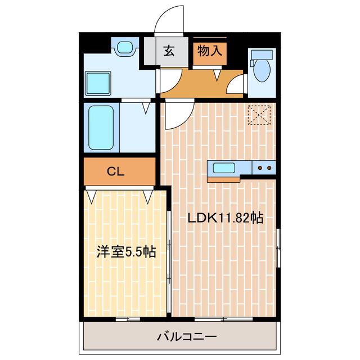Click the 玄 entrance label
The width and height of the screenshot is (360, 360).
[169, 51]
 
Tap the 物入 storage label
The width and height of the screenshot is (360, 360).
[210, 51]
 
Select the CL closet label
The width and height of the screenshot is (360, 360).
[116, 171]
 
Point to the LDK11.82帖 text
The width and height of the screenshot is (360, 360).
[225, 218]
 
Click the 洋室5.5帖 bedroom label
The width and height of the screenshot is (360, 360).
[126, 251]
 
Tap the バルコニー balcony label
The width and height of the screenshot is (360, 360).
[187, 337]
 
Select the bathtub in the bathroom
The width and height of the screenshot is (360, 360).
[101, 128]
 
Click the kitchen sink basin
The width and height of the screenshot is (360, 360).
[224, 168]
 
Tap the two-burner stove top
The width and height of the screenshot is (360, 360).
[264, 168]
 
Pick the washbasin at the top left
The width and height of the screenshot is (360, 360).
[125, 47]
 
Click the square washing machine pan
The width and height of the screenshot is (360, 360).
[98, 83]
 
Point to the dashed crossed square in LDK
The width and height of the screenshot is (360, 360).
[259, 115]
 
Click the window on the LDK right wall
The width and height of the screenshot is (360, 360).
[278, 248]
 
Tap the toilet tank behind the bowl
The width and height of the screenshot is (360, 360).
[262, 55]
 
